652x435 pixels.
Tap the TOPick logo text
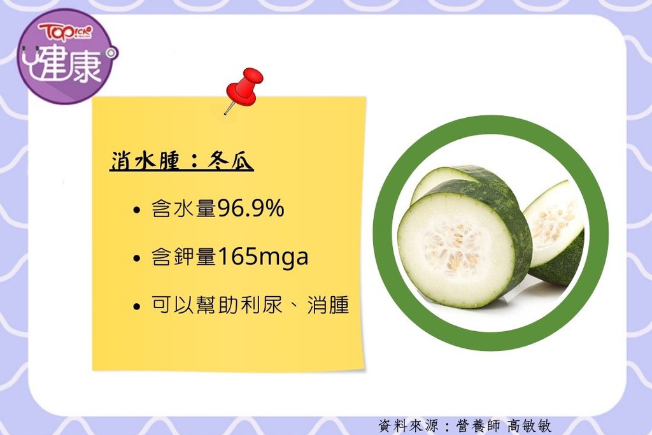[66, 32]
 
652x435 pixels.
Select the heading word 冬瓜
[230, 160]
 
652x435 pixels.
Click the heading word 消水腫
[145, 160]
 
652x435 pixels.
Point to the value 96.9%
[251, 208]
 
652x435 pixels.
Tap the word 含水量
[184, 208]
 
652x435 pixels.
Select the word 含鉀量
[184, 257]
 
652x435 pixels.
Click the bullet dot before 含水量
[136, 210]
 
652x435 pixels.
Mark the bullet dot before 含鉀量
[136, 258]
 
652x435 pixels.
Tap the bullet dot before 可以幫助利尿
[136, 307]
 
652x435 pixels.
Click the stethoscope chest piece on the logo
[111, 53]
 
